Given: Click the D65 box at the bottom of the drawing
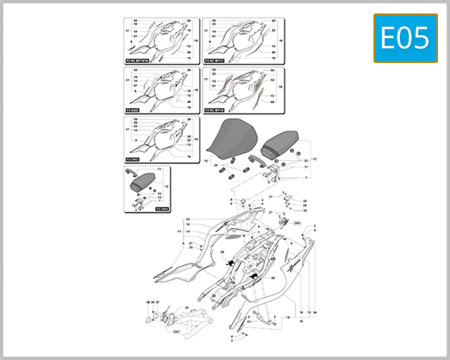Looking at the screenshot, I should click(x=176, y=331).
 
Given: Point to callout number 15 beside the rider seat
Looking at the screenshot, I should click(x=205, y=160).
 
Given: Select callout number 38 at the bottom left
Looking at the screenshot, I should click(x=148, y=302).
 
